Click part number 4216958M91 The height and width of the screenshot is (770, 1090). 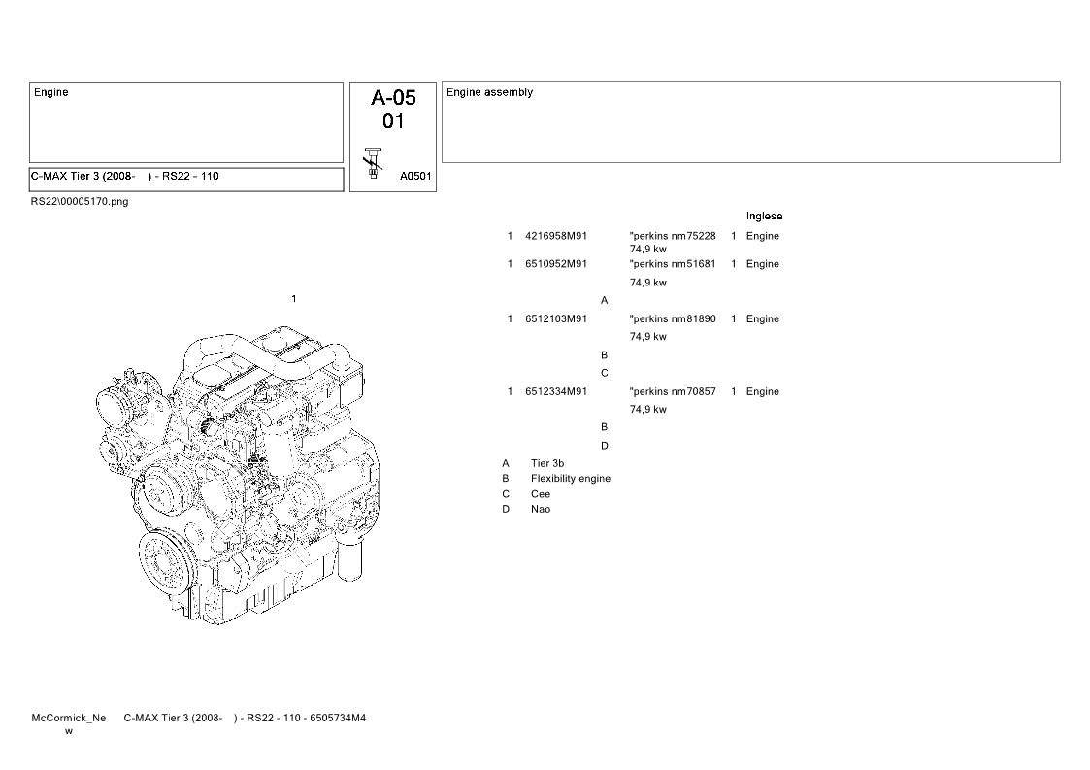pyautogui.click(x=556, y=236)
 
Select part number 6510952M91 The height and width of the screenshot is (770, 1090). pyautogui.click(x=556, y=263)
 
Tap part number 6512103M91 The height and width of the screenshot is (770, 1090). pyautogui.click(x=556, y=318)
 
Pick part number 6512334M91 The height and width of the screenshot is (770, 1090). pyautogui.click(x=556, y=391)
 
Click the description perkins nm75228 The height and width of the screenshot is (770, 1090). pyautogui.click(x=673, y=236)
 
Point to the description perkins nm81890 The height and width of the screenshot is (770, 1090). pyautogui.click(x=673, y=318)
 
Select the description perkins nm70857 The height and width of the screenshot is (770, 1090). pyautogui.click(x=673, y=391)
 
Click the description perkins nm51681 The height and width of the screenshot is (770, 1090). pyautogui.click(x=673, y=263)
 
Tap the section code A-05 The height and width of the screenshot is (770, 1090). pyautogui.click(x=393, y=97)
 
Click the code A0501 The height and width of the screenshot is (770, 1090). pyautogui.click(x=415, y=176)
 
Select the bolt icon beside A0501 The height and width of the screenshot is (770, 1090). pyautogui.click(x=374, y=163)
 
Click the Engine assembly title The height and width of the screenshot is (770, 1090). pyautogui.click(x=489, y=92)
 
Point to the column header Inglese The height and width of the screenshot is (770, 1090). pyautogui.click(x=764, y=217)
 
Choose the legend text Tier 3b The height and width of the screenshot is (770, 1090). pyautogui.click(x=547, y=463)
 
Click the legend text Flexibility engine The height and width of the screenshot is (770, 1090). pyautogui.click(x=571, y=479)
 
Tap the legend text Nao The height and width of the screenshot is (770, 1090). pyautogui.click(x=540, y=509)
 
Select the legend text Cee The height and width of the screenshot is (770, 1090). pyautogui.click(x=540, y=494)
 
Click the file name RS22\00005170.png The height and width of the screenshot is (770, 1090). pyautogui.click(x=80, y=202)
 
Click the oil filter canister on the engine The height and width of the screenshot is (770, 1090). pyautogui.click(x=349, y=560)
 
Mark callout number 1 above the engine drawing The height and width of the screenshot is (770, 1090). pyautogui.click(x=294, y=299)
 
